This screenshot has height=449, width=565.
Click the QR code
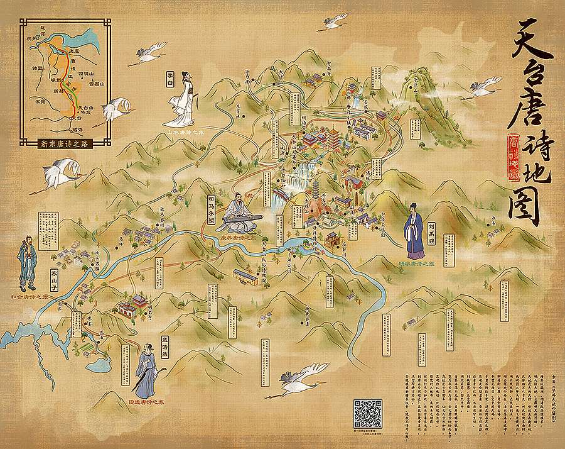pyautogui.click(x=368, y=413)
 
